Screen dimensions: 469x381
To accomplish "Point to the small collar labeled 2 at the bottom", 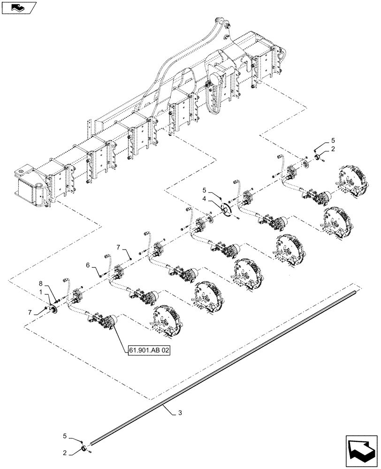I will [x=85, y=451].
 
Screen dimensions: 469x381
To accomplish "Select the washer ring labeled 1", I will [x=53, y=309].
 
